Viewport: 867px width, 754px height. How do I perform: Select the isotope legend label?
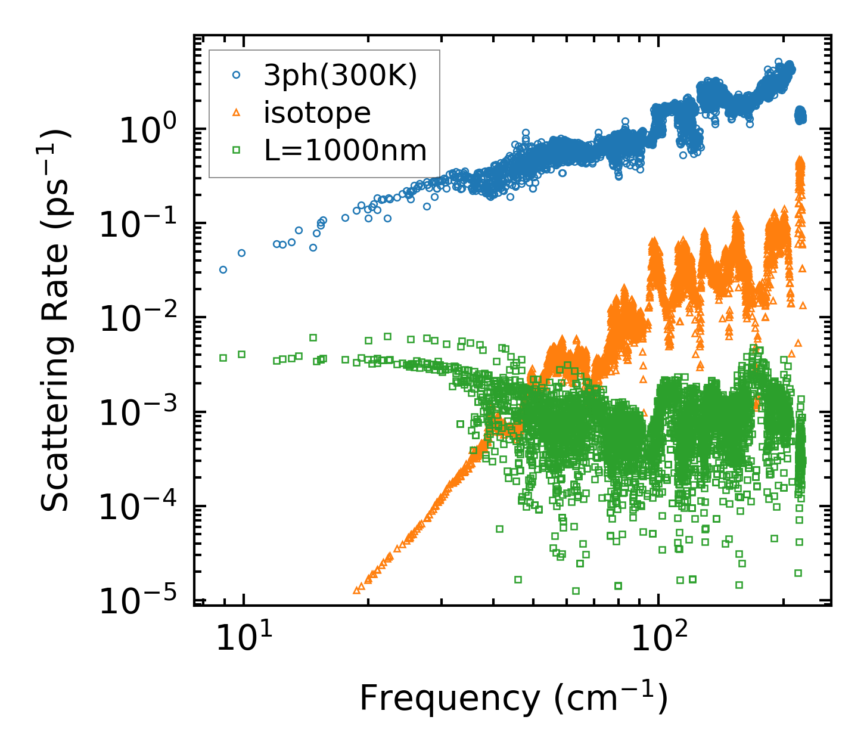[317, 113]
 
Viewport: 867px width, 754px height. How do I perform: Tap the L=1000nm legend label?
[346, 150]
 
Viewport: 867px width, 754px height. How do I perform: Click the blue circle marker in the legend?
[237, 75]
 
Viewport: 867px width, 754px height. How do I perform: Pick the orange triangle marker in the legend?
[237, 113]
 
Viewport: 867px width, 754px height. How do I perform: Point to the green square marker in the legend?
[237, 150]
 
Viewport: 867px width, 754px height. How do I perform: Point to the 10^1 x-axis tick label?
[243, 640]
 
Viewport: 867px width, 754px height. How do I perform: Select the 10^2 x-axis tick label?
[658, 640]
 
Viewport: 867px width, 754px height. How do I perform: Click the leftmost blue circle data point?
[223, 269]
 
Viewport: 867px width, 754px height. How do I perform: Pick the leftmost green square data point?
[223, 358]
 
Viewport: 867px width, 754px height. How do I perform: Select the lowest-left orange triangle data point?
[356, 590]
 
